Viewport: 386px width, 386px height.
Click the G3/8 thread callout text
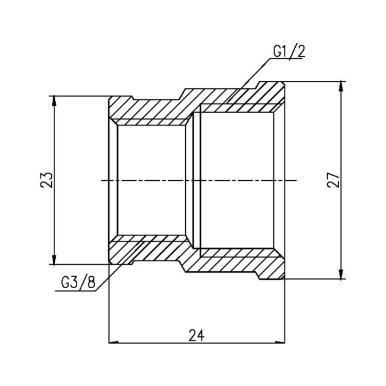point(77,283)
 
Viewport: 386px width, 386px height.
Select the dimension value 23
point(46,179)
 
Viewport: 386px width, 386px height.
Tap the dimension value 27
point(333,180)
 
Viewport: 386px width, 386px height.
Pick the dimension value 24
point(196,335)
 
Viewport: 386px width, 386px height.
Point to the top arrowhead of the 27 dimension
point(340,86)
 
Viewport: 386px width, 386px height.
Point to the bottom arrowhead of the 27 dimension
point(340,274)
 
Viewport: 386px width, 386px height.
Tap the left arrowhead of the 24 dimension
point(113,342)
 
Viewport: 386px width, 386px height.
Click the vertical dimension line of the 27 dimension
point(340,232)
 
